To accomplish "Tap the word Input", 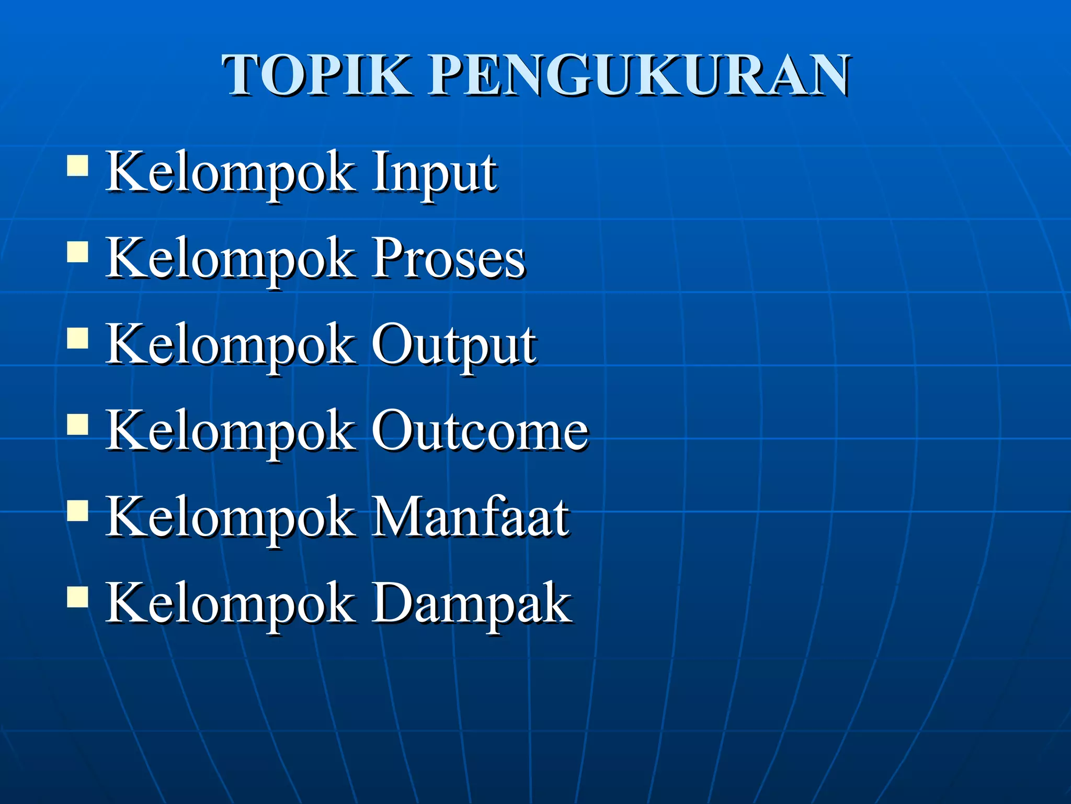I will [x=434, y=173].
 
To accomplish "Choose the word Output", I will [x=453, y=345].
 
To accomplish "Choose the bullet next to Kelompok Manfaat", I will [x=77, y=510].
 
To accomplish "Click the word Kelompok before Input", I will [x=230, y=173].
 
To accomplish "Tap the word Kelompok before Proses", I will [x=230, y=259].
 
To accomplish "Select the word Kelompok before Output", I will [x=230, y=345].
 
